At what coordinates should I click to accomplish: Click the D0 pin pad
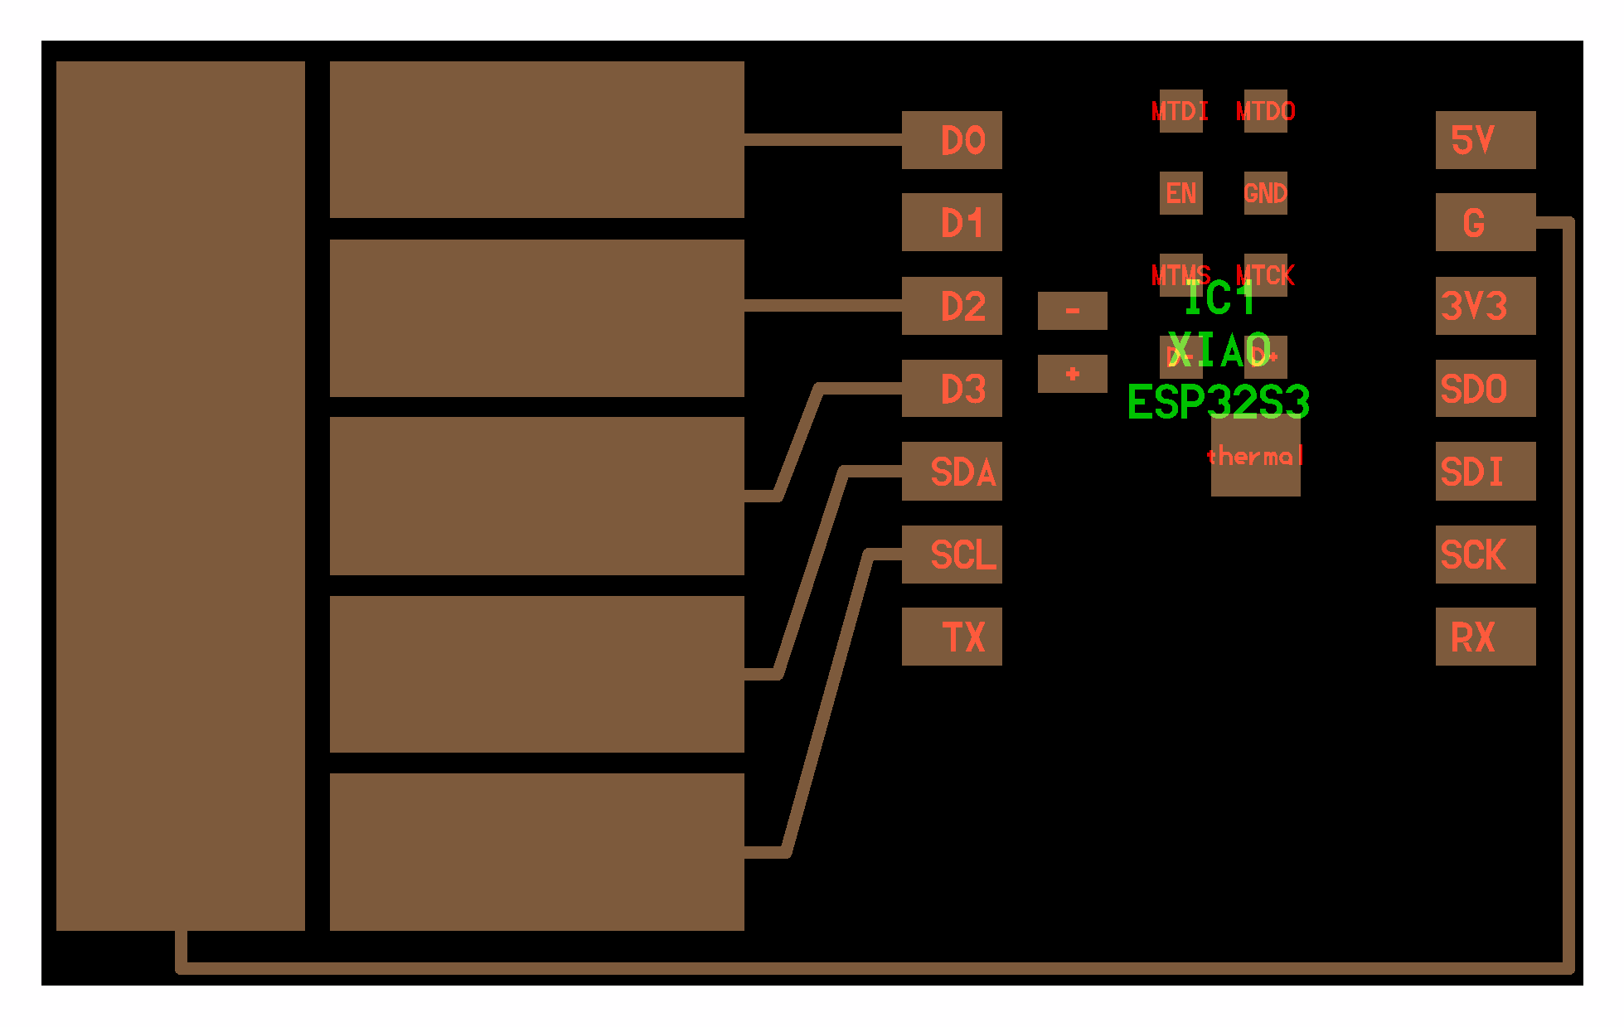[x=952, y=140]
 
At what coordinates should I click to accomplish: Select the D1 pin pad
[x=952, y=222]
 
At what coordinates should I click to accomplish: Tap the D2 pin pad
[x=952, y=306]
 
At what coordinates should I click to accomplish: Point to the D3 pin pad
[x=952, y=388]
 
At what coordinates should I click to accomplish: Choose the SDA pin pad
[x=952, y=471]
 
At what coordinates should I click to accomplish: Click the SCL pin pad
[x=952, y=554]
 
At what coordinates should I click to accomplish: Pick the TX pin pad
[x=952, y=637]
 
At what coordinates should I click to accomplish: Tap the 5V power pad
[x=1485, y=140]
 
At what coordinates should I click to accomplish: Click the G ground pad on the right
[x=1485, y=222]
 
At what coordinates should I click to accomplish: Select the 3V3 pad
[x=1485, y=306]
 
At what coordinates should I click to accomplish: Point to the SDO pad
[x=1485, y=388]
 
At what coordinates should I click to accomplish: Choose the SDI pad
[x=1485, y=471]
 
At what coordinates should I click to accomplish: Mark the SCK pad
[x=1485, y=554]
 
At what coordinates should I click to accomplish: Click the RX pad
[x=1485, y=637]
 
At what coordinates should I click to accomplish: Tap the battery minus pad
[x=1072, y=311]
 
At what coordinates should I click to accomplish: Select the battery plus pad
[x=1072, y=374]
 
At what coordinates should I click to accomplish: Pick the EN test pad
[x=1180, y=193]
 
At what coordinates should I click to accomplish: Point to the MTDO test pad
[x=1265, y=110]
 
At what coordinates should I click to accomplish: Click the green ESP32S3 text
[x=1218, y=404]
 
